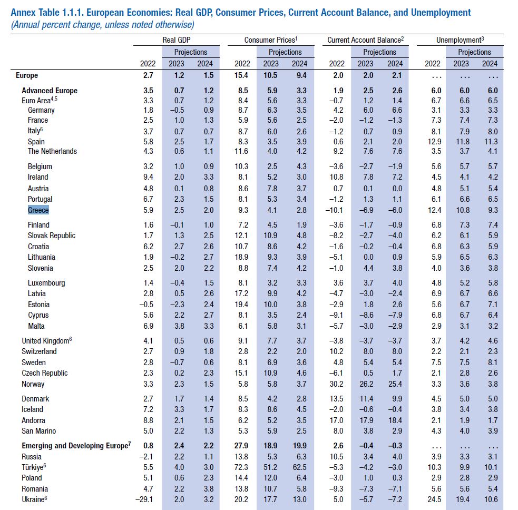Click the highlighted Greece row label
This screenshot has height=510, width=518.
tap(38, 210)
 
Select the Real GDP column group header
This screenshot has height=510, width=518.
tap(177, 40)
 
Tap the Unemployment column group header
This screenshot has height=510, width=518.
tap(460, 40)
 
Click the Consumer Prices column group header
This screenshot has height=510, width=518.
tap(271, 40)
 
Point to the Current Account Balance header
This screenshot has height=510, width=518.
tap(365, 40)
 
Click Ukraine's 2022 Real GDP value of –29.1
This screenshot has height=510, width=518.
tap(145, 499)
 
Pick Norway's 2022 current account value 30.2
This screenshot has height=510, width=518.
tap(336, 384)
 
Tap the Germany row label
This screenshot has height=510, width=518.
tap(41, 110)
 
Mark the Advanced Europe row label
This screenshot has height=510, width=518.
tap(50, 91)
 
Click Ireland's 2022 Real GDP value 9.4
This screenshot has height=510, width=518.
tap(148, 177)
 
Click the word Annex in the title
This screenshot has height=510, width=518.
tap(23, 13)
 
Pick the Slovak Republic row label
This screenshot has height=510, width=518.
tap(52, 236)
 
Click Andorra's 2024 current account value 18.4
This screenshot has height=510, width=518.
tap(395, 420)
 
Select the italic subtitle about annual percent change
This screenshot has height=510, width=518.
tap(103, 25)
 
